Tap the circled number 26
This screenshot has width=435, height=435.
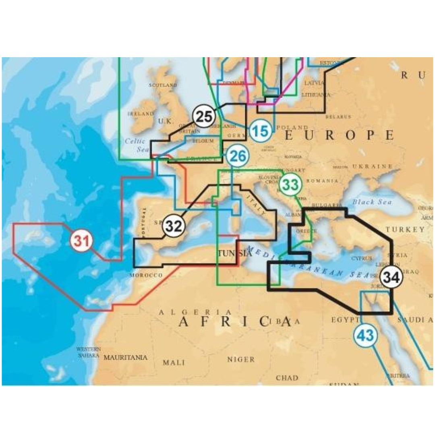pos(238,156)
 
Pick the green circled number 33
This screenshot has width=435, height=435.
pos(291,184)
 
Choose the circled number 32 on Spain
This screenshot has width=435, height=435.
pos(174,226)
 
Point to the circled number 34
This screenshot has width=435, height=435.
pos(391,278)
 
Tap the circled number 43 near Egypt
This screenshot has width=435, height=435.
pos(365,335)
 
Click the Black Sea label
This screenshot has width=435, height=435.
pos(369,202)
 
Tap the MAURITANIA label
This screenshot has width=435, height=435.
pos(126,357)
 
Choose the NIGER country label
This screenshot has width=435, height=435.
pos(241,359)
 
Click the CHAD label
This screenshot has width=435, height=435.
pos(287,378)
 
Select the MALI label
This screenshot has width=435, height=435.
pos(174,362)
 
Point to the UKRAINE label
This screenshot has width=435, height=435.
pos(372,166)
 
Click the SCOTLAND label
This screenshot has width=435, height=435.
pos(163,85)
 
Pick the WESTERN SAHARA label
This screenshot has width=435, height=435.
pos(89,352)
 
